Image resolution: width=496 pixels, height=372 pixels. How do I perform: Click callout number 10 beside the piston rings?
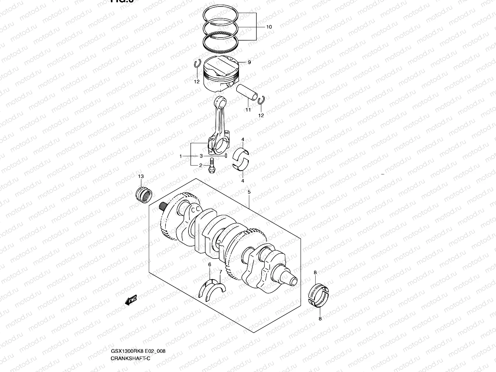(268, 27)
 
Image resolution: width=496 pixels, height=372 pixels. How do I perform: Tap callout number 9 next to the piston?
(249, 62)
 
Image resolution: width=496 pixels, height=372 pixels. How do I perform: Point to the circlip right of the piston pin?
(261, 100)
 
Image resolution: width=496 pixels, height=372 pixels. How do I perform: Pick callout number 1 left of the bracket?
(180, 157)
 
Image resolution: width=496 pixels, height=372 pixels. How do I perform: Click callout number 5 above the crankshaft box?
(249, 192)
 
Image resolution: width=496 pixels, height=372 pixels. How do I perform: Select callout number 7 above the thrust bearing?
(220, 272)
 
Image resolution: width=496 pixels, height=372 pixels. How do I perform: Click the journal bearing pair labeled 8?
(320, 294)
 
